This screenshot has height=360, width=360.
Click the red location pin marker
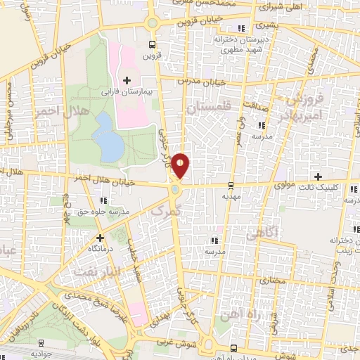(181, 165)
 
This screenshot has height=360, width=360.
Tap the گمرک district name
(167, 209)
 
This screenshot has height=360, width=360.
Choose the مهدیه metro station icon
(231, 186)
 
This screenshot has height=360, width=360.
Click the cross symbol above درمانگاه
(101, 238)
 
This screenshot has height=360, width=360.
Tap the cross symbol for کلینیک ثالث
(318, 176)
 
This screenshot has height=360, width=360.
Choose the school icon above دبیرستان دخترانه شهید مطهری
(241, 28)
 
